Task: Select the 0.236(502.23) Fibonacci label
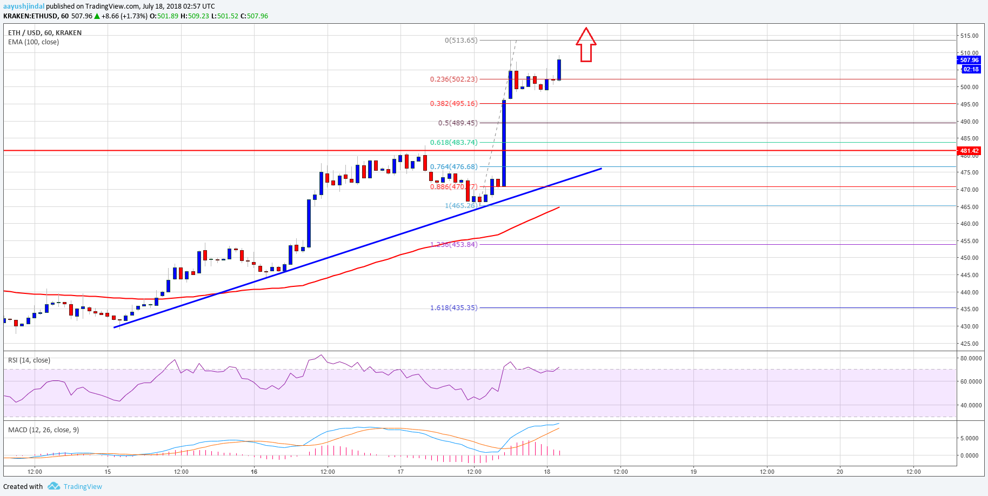[453, 79]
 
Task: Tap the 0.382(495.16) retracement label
[453, 103]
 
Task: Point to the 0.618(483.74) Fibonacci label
[453, 142]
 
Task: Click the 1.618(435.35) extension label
[453, 307]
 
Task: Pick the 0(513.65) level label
[461, 40]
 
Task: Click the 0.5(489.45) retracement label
[458, 123]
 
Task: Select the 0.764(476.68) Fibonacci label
[453, 166]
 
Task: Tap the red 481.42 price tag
[969, 151]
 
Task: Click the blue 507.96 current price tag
[969, 60]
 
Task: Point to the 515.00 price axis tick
[969, 36]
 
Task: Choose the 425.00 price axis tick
[969, 344]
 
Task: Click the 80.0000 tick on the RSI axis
[971, 358]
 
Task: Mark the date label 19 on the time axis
[693, 472]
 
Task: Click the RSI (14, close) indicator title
[29, 360]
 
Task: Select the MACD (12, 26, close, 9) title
[43, 430]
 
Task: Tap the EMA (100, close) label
[34, 42]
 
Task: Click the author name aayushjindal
[24, 6]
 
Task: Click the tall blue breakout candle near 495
[504, 143]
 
